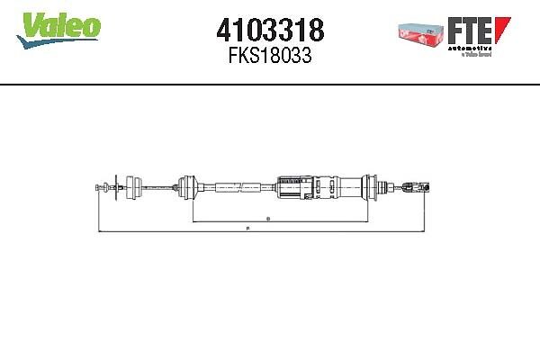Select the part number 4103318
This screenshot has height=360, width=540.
pos(270,31)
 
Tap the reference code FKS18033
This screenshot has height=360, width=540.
pos(270,55)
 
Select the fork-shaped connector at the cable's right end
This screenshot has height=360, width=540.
pos(412,188)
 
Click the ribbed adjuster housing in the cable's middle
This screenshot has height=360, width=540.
pos(292,187)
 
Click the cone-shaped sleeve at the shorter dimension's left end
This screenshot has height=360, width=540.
pos(190,187)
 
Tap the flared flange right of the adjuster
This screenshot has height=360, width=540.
pos(370,187)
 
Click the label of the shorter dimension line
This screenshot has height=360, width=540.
pos(268,220)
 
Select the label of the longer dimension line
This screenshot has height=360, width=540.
pos(247,230)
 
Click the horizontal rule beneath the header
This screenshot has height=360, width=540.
pos(270,85)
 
